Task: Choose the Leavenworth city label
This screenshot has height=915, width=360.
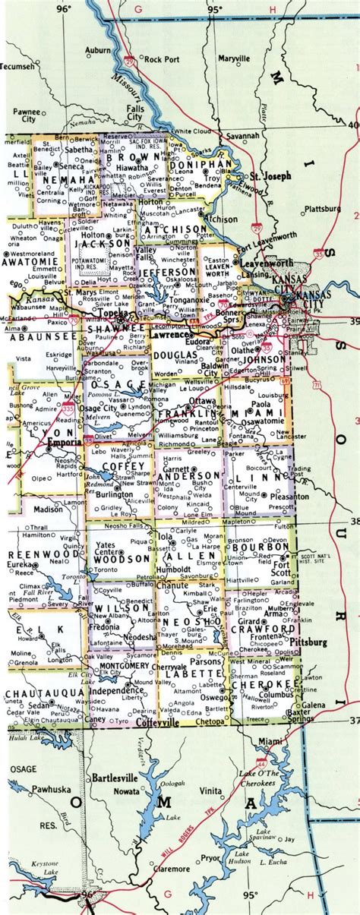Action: coord(267,263)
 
